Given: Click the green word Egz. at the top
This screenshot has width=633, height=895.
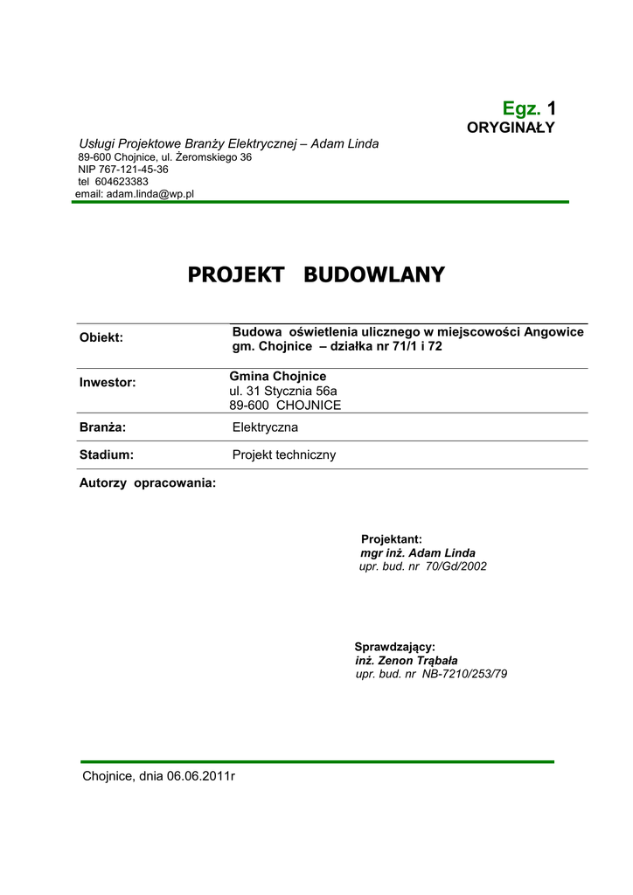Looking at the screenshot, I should pos(521,108).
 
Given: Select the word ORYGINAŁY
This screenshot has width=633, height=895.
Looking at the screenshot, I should pos(511,128).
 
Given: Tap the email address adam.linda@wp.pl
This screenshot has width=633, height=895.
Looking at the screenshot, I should pos(150,194).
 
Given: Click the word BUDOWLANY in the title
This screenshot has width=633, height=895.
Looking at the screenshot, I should pos(373,275).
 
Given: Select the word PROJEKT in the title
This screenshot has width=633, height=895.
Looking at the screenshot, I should pos(235,275).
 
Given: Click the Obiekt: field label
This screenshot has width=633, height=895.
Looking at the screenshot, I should pos(101,337).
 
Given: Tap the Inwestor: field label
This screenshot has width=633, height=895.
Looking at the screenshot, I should pos(108,382).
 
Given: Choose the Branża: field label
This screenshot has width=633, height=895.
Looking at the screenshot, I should pos(103,427).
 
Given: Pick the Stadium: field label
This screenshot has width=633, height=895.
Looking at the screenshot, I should pos(107,455).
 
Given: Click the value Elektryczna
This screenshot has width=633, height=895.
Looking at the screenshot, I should pos(265,427).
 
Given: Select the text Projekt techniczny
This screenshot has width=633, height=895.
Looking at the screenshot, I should pos(284,455).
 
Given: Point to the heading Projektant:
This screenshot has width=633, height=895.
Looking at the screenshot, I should pos(392,539).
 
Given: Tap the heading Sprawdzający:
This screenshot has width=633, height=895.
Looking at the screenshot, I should pos(394,647).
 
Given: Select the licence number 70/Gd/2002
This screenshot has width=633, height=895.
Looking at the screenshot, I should pos(456,566).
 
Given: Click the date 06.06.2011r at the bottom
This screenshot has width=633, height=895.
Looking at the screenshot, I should pos(201,776).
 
